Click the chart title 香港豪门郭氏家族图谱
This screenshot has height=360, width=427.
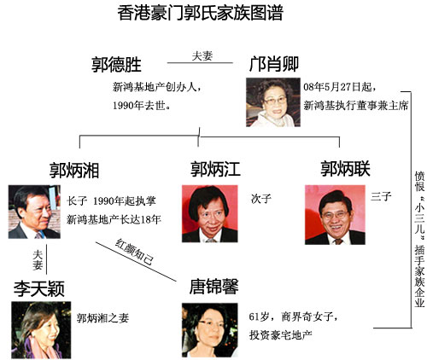(200, 13)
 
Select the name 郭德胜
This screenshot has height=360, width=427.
(116, 64)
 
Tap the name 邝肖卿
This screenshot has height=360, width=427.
(274, 64)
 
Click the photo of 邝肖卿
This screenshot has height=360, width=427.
(273, 102)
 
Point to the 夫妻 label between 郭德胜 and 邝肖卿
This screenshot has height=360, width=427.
(202, 55)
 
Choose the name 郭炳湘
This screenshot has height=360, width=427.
(74, 170)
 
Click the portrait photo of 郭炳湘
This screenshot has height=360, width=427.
(34, 212)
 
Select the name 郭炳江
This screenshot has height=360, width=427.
(215, 169)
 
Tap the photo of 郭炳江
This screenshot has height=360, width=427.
(210, 214)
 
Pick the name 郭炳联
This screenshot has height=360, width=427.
(346, 168)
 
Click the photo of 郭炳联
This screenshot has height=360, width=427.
(335, 215)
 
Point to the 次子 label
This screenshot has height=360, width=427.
(261, 199)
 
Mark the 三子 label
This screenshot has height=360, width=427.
(381, 196)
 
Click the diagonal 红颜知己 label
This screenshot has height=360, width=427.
(135, 252)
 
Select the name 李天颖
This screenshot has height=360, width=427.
(39, 288)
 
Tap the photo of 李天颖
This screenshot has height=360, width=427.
(41, 330)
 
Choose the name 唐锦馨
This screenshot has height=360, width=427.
(213, 286)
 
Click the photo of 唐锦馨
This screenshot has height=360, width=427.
(210, 330)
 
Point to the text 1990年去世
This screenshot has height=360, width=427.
(142, 106)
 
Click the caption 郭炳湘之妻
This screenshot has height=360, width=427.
(102, 317)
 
